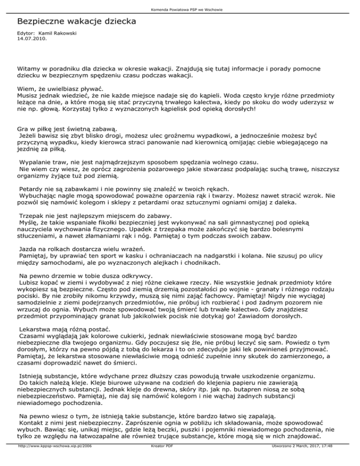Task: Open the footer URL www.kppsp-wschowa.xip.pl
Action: (53, 461)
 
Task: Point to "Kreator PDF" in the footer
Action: (160, 461)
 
